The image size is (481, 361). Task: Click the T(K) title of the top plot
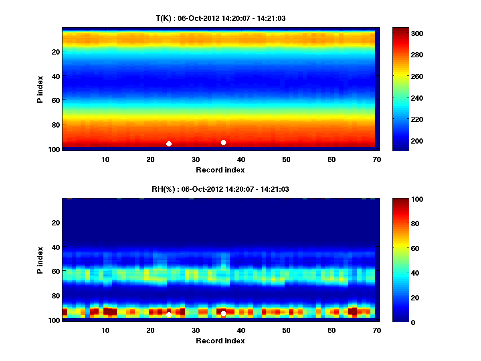pos(220,18)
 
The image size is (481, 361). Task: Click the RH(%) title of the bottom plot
pos(220,189)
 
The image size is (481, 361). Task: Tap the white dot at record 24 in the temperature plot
pos(169,144)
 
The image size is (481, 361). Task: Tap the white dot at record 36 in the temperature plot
pos(223,142)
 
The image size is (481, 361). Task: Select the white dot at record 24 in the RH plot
pos(169,314)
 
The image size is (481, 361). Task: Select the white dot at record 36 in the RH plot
pos(223,313)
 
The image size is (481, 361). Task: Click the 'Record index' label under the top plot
pos(220,170)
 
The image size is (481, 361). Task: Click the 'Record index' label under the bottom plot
pos(220,341)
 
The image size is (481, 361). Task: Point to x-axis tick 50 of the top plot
pos(286,159)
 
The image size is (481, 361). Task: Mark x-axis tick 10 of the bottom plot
pos(105,330)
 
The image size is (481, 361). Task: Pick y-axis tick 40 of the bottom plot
pos(56,247)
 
